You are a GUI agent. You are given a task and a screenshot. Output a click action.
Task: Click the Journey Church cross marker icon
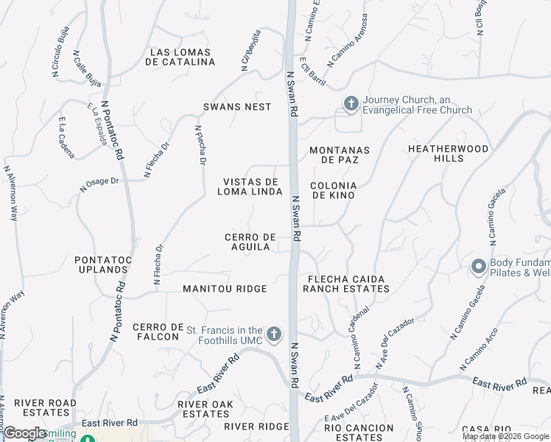(351, 105)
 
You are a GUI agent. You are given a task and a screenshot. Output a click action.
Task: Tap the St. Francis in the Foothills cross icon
(273, 334)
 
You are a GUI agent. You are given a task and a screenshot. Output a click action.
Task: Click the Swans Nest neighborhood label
(237, 107)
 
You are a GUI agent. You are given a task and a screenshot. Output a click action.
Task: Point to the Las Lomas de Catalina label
(180, 57)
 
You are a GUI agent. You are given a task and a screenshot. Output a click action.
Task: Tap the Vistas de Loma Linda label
(250, 186)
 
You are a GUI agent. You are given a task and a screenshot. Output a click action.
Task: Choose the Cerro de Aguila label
(250, 242)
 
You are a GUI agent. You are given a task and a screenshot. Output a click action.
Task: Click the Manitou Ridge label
(225, 289)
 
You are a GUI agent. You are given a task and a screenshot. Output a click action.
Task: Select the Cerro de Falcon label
(155, 331)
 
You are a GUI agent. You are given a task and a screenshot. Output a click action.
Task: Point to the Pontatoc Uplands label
(102, 264)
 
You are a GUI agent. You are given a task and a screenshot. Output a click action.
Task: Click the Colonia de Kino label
(334, 190)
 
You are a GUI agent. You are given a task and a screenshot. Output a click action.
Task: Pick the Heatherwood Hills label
(449, 153)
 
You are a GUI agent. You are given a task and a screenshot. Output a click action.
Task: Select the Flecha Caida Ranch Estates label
(346, 284)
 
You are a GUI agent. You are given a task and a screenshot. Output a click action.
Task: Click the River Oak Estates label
(206, 409)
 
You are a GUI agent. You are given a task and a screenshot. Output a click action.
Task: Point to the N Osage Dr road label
(99, 184)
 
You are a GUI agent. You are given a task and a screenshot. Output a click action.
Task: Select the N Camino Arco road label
(480, 347)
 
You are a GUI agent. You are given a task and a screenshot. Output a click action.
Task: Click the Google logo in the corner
(25, 433)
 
